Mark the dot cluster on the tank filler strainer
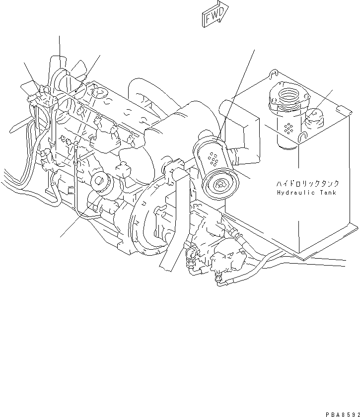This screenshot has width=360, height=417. point(288,128)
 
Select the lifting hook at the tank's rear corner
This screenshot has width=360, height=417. point(271,75)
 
